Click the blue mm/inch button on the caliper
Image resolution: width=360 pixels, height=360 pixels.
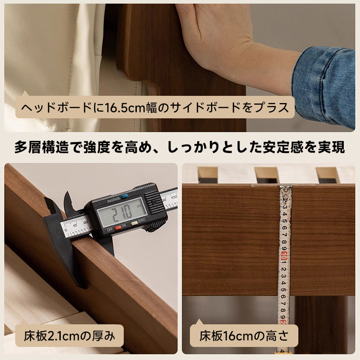(x=125, y=196)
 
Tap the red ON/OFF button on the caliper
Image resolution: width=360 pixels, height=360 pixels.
(x=118, y=227)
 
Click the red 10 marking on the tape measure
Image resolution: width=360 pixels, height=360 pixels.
(x=284, y=256)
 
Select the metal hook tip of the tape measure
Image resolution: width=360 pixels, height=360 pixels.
(x=286, y=193)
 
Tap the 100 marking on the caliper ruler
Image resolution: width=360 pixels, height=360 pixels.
(x=174, y=197)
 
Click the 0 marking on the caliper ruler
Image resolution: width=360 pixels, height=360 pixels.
(x=66, y=230)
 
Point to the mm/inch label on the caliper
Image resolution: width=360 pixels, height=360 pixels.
(x=114, y=200)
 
